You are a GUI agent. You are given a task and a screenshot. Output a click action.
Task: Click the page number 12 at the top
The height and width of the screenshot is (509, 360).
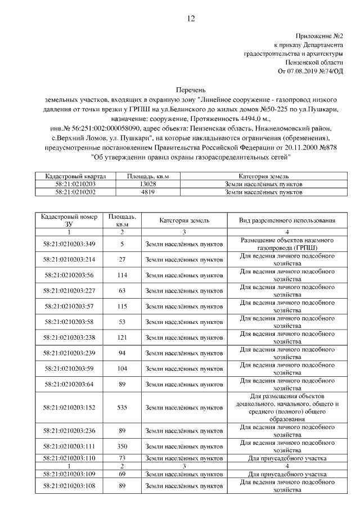click(190, 19)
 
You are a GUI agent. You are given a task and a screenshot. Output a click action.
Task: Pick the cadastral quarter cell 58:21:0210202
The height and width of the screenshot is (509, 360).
click(75, 192)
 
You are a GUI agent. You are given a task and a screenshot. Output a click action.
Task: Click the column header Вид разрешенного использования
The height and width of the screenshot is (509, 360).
click(287, 220)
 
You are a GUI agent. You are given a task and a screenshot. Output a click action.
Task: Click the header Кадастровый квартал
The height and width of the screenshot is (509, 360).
click(75, 176)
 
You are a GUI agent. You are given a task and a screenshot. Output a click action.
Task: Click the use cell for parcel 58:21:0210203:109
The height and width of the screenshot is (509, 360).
click(287, 474)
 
